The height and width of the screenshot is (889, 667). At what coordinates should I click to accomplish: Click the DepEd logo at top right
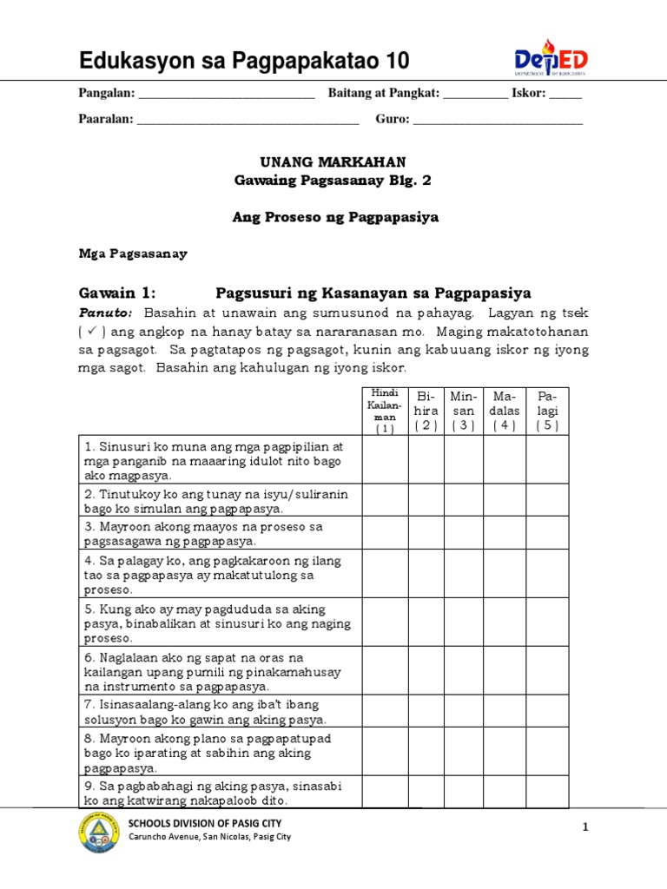click(551, 58)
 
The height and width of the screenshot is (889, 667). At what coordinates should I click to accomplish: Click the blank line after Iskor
click(565, 95)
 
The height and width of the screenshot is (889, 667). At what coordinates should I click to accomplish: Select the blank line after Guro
click(498, 120)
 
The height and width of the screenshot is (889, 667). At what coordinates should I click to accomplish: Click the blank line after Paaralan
click(248, 120)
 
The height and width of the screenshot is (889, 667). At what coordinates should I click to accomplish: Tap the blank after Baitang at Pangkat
click(475, 95)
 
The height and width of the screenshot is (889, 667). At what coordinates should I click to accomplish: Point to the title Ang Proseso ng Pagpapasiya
click(334, 217)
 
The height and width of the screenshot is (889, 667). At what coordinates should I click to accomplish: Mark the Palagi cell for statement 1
click(547, 459)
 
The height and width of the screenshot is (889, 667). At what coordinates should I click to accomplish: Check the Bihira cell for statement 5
click(426, 622)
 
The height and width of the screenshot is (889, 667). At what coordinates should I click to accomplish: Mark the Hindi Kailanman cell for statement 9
click(385, 792)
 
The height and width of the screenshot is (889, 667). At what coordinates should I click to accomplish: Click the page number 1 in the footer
click(585, 828)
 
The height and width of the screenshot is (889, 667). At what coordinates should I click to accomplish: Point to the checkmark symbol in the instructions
click(92, 332)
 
